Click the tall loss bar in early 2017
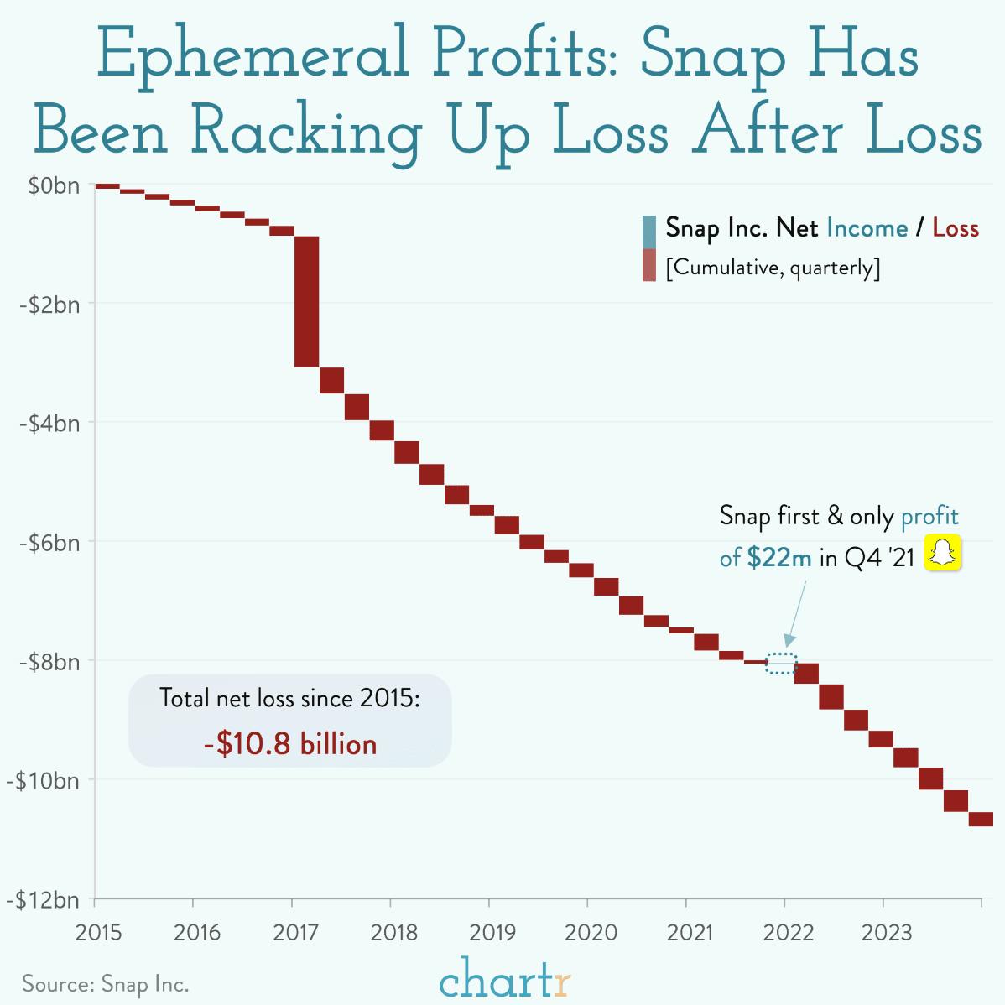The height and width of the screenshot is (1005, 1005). [x=307, y=301]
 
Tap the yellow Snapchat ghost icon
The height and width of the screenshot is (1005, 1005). [x=942, y=555]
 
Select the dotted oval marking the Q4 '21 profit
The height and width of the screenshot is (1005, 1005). [x=782, y=662]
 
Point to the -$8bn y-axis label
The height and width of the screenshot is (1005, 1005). [x=49, y=662]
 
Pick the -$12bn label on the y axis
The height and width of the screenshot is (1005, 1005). [x=47, y=901]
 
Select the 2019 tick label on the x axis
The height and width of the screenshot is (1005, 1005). [x=488, y=933]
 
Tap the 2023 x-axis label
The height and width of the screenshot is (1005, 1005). [x=883, y=933]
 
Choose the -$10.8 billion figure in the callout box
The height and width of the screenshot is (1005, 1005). [x=290, y=744]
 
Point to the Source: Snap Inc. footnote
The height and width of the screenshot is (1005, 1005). [x=106, y=983]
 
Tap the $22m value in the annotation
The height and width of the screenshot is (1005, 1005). [x=778, y=558]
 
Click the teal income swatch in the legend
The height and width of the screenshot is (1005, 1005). [x=648, y=232]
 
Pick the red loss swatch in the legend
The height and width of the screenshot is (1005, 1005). [x=648, y=265]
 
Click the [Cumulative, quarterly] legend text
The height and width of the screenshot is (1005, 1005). [x=772, y=268]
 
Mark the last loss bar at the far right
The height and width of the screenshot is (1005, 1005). [x=981, y=820]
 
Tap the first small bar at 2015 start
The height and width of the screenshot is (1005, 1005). [x=107, y=186]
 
